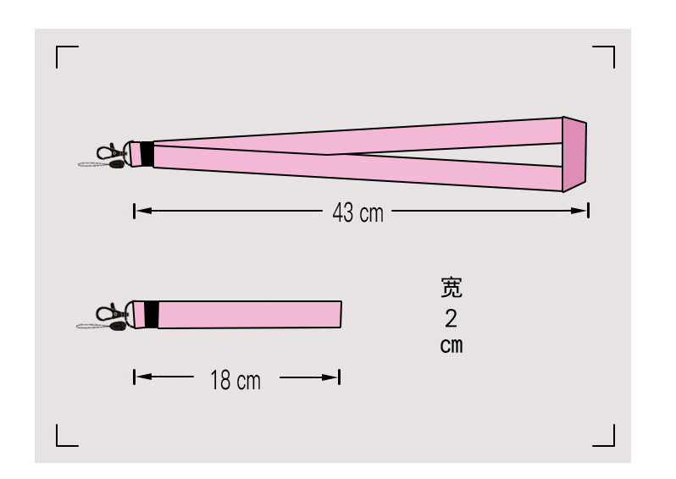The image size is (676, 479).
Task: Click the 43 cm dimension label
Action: click(357, 212)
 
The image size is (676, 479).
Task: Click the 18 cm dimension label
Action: click(235, 380)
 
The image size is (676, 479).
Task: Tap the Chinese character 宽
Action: click(452, 287)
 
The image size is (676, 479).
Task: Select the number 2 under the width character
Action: click(451, 319)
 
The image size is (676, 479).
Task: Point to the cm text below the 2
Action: click(452, 345)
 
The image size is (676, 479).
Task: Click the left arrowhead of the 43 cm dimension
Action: click(144, 211)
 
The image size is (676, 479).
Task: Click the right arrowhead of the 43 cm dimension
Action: click(579, 211)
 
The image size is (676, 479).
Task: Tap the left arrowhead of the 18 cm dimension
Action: click(144, 377)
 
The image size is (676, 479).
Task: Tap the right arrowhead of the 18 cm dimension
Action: click(330, 377)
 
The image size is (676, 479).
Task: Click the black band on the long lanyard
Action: click(147, 154)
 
